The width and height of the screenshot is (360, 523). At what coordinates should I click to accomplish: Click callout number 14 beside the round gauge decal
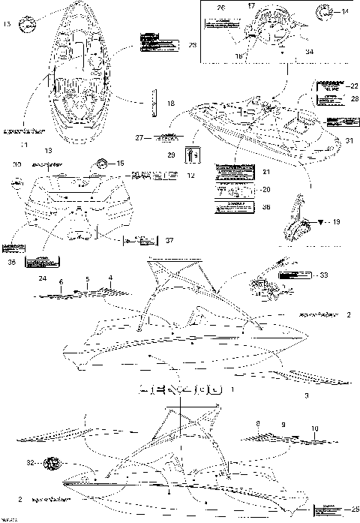[346, 12]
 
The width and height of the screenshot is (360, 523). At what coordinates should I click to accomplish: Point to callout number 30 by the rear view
[16, 163]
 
